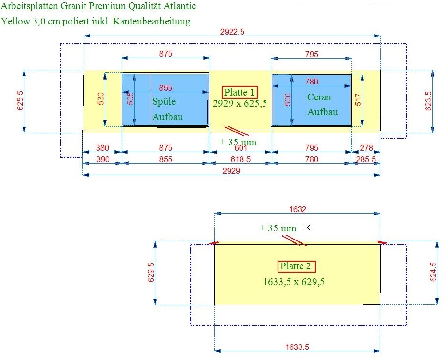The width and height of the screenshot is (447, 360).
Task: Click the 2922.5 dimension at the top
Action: [x=232, y=32]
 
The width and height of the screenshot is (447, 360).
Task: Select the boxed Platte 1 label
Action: [x=240, y=92]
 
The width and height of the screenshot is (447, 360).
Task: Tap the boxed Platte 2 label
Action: [x=296, y=266]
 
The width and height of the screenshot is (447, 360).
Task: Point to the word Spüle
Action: [x=164, y=101]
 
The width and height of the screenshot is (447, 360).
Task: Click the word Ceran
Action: [x=319, y=97]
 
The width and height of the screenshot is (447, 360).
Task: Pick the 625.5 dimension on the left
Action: [x=20, y=100]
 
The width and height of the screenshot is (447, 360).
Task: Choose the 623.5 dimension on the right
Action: [x=428, y=101]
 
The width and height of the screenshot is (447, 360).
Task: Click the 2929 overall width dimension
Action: [x=231, y=171]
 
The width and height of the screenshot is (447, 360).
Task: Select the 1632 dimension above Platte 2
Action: [x=298, y=209]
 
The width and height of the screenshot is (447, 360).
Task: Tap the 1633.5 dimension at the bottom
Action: [x=297, y=347]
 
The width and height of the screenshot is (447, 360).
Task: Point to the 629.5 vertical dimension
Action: [x=151, y=272]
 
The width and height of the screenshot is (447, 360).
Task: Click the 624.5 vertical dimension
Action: [x=433, y=272]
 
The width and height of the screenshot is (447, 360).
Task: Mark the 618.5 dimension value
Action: [x=241, y=159]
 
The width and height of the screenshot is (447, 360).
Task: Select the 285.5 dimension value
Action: [x=366, y=159]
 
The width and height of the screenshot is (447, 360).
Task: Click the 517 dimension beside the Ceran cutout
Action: [x=358, y=99]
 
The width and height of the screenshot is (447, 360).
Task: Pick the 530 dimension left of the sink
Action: [x=101, y=98]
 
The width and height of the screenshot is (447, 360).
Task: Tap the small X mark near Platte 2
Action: [x=307, y=228]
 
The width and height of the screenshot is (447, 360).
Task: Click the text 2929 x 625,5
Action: [x=240, y=103]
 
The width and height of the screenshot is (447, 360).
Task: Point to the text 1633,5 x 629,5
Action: [x=294, y=282]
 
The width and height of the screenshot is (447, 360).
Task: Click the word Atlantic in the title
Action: [x=180, y=6]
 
